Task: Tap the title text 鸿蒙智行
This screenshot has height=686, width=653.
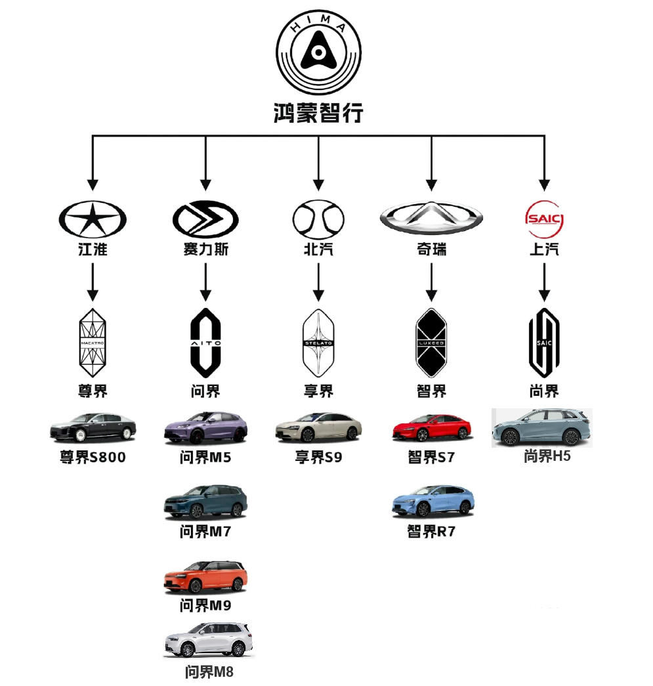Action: [x=318, y=113]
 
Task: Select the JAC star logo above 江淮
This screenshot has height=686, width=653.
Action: [x=93, y=219]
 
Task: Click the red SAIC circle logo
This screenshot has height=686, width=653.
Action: [x=544, y=219]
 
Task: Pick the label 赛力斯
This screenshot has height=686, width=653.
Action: [x=205, y=249]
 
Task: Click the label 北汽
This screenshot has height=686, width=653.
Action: [x=318, y=249]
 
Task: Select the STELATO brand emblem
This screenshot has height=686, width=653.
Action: [x=318, y=342]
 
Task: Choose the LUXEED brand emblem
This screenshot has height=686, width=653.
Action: [x=431, y=342]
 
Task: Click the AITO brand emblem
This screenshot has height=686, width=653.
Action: [x=205, y=342]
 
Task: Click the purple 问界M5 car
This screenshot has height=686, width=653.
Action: [x=205, y=428]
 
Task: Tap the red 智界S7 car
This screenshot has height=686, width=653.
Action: [x=431, y=428]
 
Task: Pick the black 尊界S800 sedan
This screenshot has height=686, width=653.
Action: [x=93, y=428]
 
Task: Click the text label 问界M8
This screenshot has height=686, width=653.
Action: [x=209, y=672]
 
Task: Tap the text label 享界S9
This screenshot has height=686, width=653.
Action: [x=318, y=457]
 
